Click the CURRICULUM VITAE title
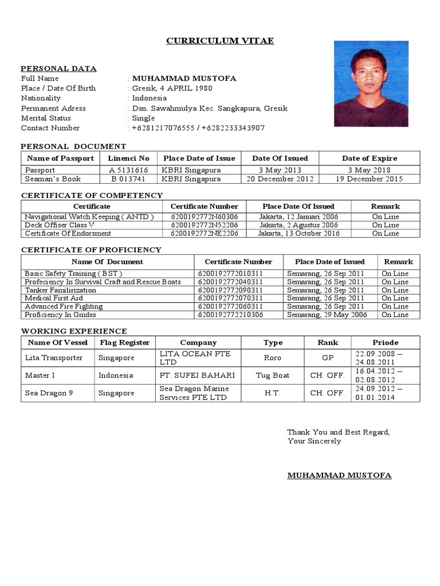(220, 41)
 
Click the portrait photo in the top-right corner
(371, 84)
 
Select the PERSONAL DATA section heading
(58, 69)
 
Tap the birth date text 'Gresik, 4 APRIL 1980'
(172, 88)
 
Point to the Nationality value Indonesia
(149, 98)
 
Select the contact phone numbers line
(198, 128)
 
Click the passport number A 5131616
(128, 170)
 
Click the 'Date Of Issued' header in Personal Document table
(280, 158)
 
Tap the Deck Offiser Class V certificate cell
(60, 225)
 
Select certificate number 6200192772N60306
(204, 217)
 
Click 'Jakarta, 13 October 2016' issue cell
(298, 233)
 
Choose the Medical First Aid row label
(54, 298)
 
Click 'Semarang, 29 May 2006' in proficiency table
(325, 315)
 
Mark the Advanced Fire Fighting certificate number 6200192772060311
(230, 306)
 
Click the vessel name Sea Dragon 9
(49, 393)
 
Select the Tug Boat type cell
(273, 375)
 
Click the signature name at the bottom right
(339, 476)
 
